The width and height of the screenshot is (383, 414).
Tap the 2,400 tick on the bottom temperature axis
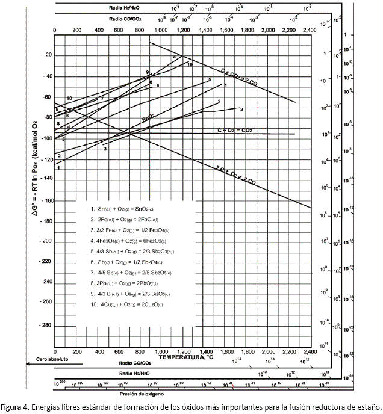(x=309, y=350)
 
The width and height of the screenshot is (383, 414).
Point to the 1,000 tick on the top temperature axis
(x=161, y=29)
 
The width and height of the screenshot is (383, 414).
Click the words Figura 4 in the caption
(x=16, y=406)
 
